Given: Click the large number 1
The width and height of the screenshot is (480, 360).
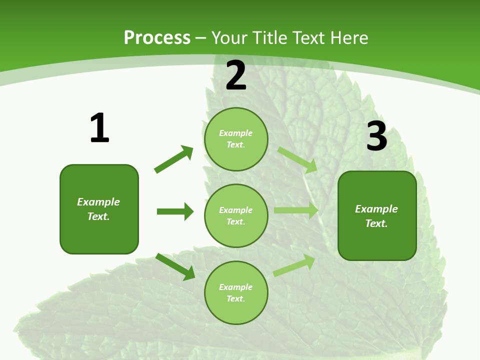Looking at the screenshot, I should [x=99, y=128].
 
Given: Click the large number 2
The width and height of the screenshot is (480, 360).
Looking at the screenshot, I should [x=236, y=75].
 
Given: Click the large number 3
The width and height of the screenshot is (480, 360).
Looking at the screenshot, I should [x=376, y=136].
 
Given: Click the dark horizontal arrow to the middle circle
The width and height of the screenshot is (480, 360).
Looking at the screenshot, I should [x=175, y=211].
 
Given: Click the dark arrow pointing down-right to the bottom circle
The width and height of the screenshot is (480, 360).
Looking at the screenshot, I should [x=175, y=266].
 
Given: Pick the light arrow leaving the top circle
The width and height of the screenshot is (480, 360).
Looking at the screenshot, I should [x=297, y=159].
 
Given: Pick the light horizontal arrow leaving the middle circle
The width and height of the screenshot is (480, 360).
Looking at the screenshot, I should [x=296, y=210].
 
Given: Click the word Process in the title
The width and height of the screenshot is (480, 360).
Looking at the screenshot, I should [x=157, y=37].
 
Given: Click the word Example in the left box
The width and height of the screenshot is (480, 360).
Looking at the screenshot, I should [x=98, y=202].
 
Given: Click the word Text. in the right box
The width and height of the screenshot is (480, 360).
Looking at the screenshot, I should [x=376, y=223].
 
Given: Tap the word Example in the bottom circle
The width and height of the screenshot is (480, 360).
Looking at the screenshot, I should [x=235, y=287].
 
